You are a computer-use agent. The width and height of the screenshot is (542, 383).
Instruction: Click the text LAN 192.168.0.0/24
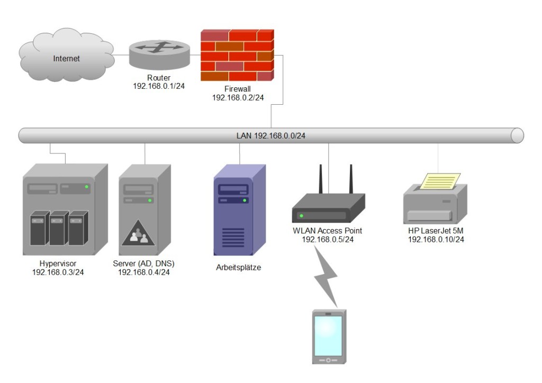(x=270, y=136)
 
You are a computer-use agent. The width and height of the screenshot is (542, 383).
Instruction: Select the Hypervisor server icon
(x=65, y=208)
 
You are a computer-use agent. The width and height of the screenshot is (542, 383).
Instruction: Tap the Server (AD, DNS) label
(x=143, y=263)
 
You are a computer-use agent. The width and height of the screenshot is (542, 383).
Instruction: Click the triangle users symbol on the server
(x=138, y=234)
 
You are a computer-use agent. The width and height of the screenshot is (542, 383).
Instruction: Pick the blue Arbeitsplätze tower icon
(x=239, y=210)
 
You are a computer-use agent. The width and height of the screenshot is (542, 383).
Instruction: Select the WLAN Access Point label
(x=327, y=231)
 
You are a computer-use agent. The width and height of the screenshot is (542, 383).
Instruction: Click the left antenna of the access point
(x=321, y=180)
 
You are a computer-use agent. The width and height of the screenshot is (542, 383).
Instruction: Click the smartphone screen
(x=328, y=335)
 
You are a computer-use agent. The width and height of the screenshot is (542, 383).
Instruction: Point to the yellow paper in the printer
(x=440, y=181)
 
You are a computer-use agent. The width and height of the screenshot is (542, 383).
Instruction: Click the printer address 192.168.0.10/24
(x=436, y=240)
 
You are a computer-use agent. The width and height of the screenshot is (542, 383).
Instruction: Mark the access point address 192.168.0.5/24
(x=327, y=240)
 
